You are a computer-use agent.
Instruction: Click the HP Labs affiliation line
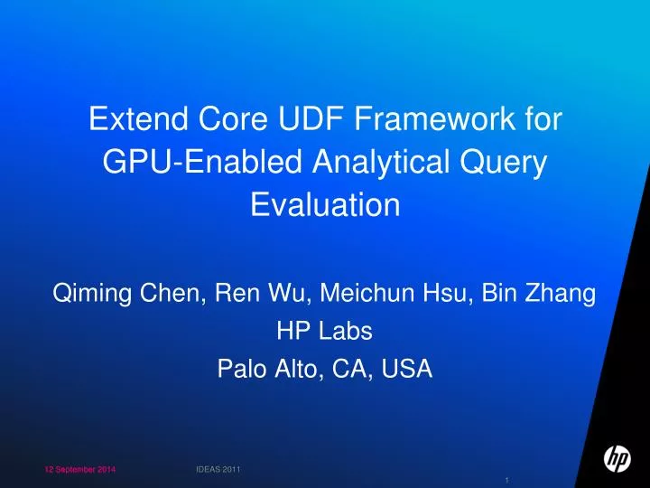click(324, 332)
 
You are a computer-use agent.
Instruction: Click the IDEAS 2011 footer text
click(218, 469)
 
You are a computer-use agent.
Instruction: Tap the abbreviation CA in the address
click(347, 370)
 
